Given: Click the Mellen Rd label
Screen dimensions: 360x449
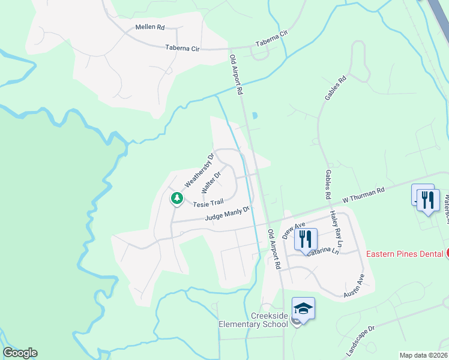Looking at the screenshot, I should point(150,28).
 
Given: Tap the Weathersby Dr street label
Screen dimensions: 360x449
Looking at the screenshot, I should point(200,170).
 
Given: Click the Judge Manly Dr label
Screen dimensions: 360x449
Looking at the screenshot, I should point(226,214).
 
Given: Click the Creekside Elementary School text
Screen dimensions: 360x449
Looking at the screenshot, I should point(253,320).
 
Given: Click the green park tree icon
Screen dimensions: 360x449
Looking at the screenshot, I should point(176,198).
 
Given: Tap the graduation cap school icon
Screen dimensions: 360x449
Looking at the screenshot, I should point(304,309).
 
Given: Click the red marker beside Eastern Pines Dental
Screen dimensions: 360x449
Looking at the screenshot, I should point(447,253).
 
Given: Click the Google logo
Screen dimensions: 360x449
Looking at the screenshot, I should point(20,353).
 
